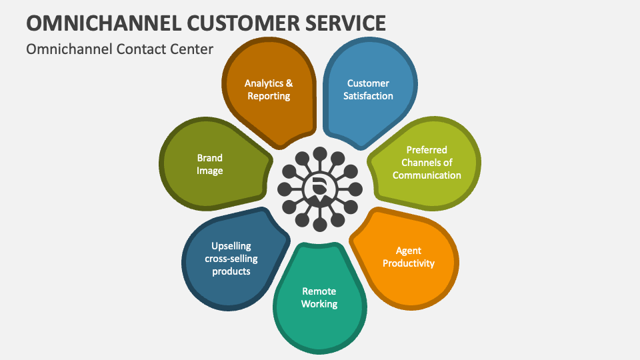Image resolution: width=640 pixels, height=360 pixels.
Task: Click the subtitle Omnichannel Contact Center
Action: click(x=120, y=49)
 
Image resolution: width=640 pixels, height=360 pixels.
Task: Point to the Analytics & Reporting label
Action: click(x=269, y=89)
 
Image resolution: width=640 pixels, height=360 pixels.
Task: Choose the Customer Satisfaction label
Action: click(x=368, y=89)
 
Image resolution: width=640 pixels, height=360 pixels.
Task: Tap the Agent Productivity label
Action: click(x=409, y=257)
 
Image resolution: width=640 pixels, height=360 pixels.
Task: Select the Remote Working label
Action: click(x=319, y=297)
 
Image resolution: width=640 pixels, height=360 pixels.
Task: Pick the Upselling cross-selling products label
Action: click(x=231, y=258)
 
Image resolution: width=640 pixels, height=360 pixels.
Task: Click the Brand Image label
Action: click(x=209, y=164)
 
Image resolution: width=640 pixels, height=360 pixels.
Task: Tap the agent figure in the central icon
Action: click(x=320, y=189)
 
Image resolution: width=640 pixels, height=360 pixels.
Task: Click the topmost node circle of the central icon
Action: click(x=320, y=153)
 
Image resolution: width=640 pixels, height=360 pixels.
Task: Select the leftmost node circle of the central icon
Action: click(x=285, y=188)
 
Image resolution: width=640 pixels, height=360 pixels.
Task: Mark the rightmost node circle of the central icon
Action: click(x=355, y=188)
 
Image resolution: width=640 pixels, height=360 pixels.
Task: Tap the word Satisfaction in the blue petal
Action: click(x=368, y=96)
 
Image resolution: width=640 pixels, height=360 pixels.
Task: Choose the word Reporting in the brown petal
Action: click(x=269, y=96)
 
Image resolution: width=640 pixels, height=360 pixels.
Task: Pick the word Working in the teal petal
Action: click(x=319, y=304)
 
